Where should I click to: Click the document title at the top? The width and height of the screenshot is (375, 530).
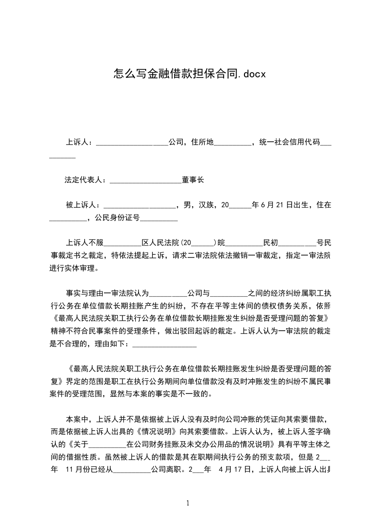[x=190, y=74]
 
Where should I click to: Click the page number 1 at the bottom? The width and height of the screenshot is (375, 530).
[x=188, y=503]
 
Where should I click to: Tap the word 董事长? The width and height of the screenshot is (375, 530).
[x=192, y=180]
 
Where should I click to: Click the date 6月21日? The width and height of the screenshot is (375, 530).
[x=273, y=205]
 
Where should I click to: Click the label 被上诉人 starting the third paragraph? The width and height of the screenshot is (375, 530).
[x=80, y=205]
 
